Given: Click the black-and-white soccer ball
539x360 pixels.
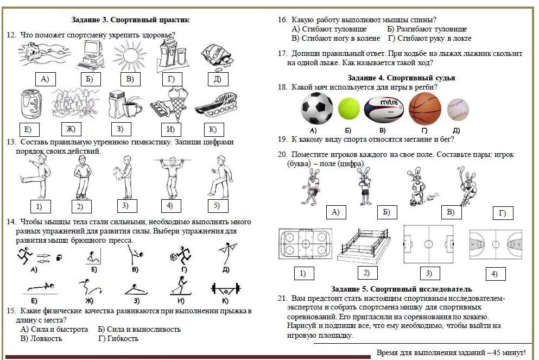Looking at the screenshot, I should point(317,109).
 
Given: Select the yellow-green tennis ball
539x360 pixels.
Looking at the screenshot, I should point(349,109).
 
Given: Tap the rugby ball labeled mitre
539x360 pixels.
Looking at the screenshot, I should point(383,108).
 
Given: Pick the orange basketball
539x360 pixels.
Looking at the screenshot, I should point(424,109).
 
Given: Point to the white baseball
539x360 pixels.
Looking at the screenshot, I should point(458,109).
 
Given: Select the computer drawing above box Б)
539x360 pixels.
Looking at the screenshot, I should point(88,56).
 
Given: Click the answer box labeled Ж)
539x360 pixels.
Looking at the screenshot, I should point(71,129).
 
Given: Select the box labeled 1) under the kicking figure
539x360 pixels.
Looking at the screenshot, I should point(39,206).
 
